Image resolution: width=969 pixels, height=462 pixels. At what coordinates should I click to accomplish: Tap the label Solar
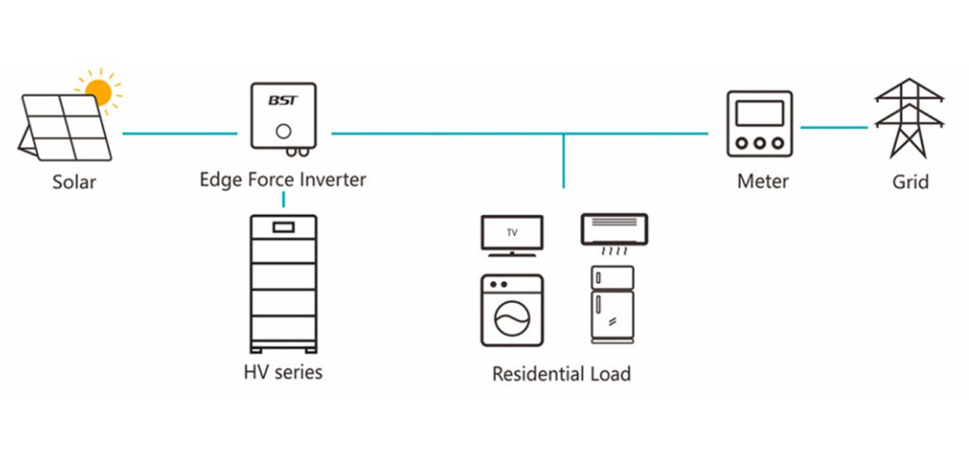74,182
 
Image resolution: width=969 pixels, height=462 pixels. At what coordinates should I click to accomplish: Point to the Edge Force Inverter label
283,179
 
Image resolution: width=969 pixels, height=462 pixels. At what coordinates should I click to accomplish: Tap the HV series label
283,372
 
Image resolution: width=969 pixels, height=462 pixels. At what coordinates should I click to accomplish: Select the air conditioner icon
613,230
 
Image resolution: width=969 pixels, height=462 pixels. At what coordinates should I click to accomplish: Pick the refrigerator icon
612,304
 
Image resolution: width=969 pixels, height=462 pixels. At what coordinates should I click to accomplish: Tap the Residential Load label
561,374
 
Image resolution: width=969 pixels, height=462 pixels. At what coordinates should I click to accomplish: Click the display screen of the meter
759,114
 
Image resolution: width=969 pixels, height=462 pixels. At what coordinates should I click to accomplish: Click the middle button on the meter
759,144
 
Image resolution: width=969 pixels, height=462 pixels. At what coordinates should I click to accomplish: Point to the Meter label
763,181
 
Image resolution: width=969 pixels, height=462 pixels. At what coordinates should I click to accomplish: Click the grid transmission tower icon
910,118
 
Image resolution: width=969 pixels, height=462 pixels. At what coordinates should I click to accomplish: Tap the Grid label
910,181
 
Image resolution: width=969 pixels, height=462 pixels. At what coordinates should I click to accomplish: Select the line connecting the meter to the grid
834,127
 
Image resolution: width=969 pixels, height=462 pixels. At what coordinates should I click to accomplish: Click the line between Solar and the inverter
180,133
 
